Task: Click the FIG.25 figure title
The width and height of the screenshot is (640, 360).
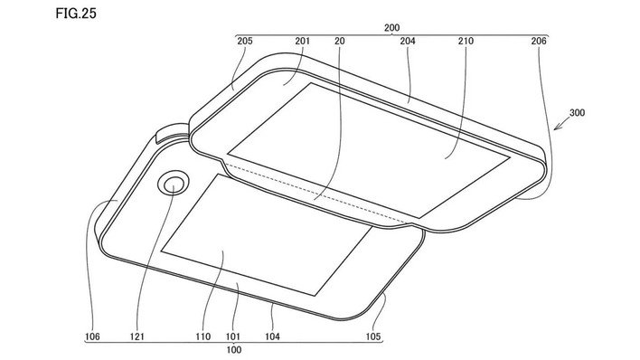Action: [76, 14]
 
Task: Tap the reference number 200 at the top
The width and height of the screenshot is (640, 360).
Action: [391, 28]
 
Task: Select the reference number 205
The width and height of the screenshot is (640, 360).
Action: [244, 41]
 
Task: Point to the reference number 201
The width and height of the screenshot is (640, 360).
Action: [303, 41]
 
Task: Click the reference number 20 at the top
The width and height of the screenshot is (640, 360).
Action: [340, 41]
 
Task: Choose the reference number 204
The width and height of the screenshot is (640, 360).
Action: [408, 41]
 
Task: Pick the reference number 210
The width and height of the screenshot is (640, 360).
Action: [466, 41]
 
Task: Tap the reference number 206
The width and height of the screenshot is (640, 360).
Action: [539, 41]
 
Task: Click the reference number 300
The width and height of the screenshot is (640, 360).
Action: [577, 112]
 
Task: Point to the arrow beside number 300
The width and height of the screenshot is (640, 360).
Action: [560, 123]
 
